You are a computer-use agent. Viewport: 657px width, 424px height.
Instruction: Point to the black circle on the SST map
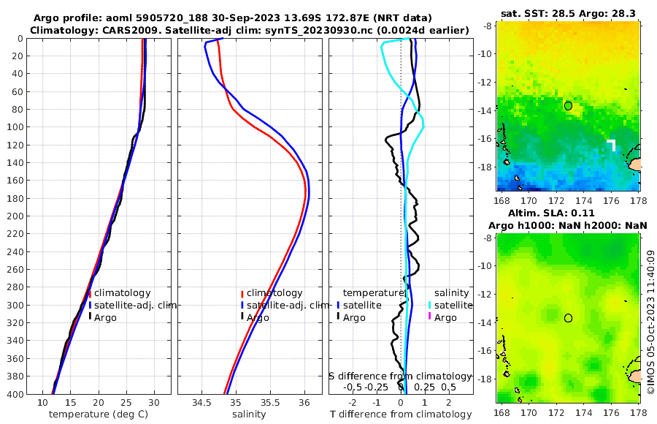pyautogui.click(x=568, y=105)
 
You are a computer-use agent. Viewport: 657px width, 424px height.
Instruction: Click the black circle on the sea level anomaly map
pyautogui.click(x=568, y=317)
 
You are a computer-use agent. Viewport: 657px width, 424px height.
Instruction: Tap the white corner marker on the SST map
pyautogui.click(x=611, y=144)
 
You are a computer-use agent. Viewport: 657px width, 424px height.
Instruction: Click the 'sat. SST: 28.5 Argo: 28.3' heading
pyautogui.click(x=569, y=13)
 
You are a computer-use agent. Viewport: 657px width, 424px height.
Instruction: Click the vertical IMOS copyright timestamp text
pyautogui.click(x=650, y=321)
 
